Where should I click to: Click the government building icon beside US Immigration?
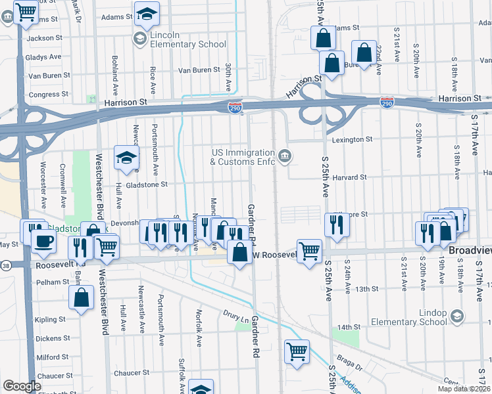(284, 156)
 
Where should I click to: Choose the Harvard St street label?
(349, 177)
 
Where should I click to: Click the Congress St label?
(44, 94)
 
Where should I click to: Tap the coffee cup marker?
(43, 240)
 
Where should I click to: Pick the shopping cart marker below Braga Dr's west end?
(297, 351)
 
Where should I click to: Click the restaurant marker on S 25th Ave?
(336, 225)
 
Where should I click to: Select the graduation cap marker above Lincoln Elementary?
(147, 12)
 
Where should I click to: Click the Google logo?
(22, 386)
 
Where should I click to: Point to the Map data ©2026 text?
(463, 387)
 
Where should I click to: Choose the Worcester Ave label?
(43, 177)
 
